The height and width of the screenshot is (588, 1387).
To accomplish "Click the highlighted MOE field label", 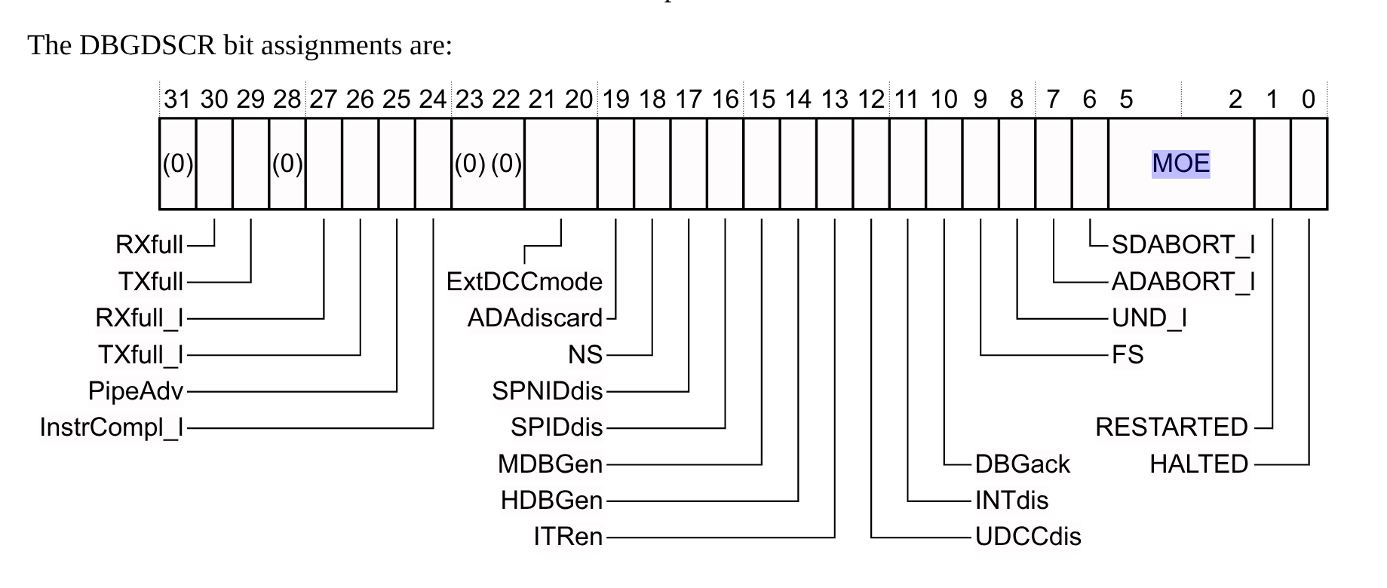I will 1180,164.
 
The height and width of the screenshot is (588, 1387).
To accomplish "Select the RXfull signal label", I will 149,245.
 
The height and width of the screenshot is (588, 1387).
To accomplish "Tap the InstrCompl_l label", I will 112,427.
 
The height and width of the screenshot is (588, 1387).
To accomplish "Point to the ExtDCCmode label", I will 524,282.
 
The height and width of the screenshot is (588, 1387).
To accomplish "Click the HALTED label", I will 1198,464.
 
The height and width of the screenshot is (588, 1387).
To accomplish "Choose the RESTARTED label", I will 1171,427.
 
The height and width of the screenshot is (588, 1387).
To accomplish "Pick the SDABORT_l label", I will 1183,245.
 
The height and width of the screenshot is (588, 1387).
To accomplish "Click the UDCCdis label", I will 1028,537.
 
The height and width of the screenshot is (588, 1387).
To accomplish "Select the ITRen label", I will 568,537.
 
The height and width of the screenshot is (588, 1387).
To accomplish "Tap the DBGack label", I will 1022,464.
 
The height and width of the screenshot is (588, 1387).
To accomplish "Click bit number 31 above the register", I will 177,100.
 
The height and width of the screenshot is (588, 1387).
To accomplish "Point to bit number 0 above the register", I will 1309,100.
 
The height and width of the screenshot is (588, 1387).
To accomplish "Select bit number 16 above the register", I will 725,100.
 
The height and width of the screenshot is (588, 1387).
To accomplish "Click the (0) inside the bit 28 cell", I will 287,164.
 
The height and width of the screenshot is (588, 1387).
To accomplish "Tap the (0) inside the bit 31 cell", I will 178,164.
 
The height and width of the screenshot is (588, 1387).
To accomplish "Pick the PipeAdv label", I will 136,391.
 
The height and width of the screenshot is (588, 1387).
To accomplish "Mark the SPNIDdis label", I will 548,391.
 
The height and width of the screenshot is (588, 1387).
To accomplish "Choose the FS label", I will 1128,354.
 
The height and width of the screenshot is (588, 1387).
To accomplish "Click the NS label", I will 585,354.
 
